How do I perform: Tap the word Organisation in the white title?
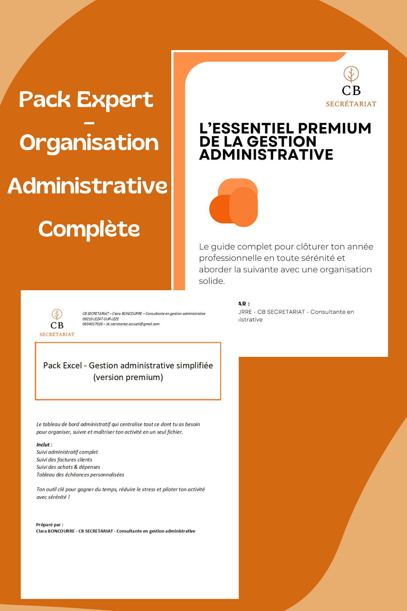coord(89,143)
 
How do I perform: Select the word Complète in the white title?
coord(89,229)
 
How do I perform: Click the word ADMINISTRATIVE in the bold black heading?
coord(266,155)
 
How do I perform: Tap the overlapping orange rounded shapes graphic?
coord(234,202)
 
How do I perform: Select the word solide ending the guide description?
coord(211,281)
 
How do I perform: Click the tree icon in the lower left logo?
coord(57,314)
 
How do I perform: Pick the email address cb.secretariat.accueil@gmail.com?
coord(133,324)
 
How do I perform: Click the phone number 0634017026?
coord(93,324)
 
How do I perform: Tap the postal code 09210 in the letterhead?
coord(87,319)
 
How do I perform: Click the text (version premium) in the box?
coord(128,377)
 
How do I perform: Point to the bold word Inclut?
coord(43,445)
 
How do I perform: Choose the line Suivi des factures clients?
coord(64,460)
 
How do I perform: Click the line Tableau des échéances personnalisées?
coord(80,475)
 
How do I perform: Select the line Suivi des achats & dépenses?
coord(68,467)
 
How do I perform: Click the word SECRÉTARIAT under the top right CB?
coord(351,104)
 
